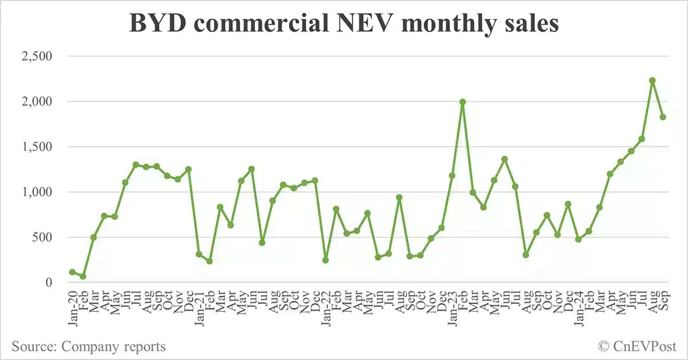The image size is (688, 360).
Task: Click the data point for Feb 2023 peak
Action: pyautogui.click(x=462, y=102)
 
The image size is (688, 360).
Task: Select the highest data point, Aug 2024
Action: pyautogui.click(x=652, y=80)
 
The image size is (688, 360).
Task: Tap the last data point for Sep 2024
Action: pyautogui.click(x=663, y=117)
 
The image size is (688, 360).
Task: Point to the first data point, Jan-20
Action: pyautogui.click(x=72, y=272)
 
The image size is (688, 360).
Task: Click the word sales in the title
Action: pyautogui.click(x=529, y=24)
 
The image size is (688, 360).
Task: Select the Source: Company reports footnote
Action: pyautogui.click(x=89, y=346)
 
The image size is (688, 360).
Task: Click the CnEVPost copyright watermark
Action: pyautogui.click(x=638, y=346)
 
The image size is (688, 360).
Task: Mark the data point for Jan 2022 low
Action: pyautogui.click(x=326, y=260)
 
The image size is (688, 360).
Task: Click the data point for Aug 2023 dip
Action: pyautogui.click(x=526, y=255)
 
